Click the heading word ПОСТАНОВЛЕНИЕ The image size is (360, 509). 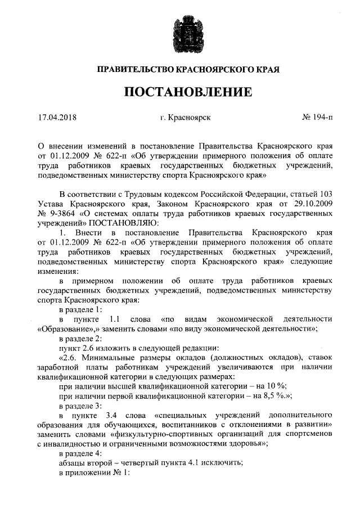pos(180,91)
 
